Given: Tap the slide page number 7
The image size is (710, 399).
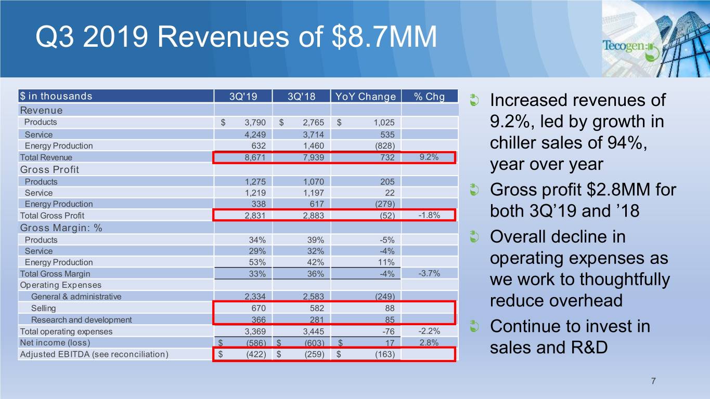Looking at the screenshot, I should coord(653,382).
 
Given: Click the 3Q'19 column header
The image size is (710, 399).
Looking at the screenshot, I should coord(243,96).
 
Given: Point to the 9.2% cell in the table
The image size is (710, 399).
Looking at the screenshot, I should coord(429,156).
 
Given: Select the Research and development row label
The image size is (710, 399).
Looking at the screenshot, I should coord(81,320).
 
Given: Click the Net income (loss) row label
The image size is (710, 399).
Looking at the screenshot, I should coord(55,343).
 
